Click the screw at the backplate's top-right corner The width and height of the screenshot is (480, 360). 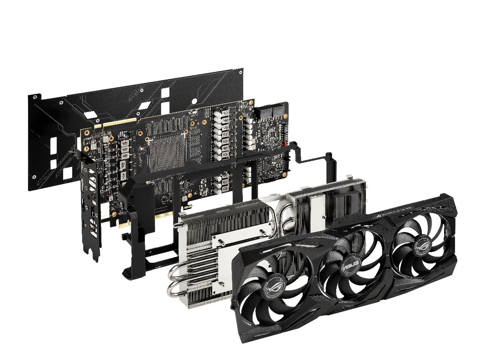pyautogui.click(x=241, y=71)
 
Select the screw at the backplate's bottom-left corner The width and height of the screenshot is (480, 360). pyautogui.click(x=34, y=176)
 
